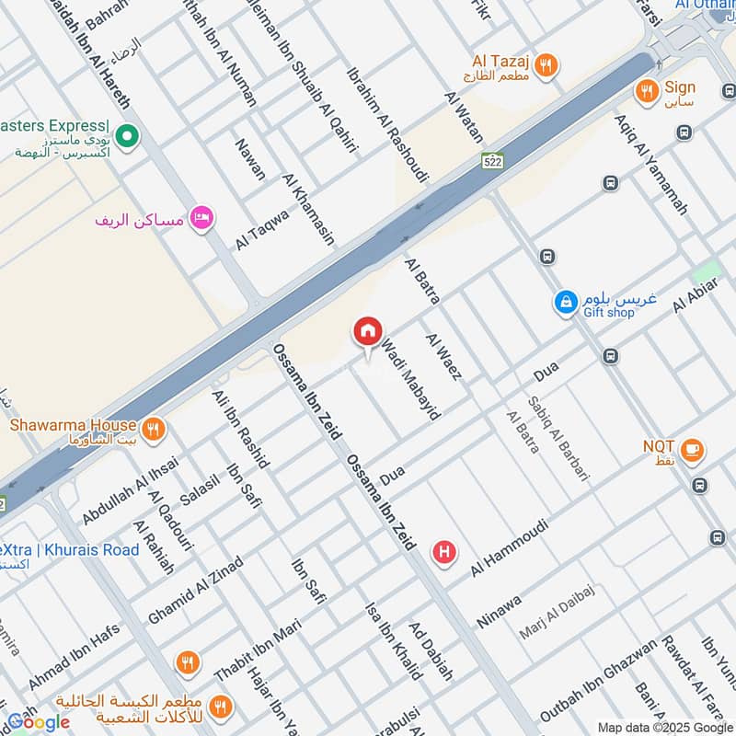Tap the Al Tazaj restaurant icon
click(546, 64)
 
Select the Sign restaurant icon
click(647, 90)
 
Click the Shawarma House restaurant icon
click(153, 428)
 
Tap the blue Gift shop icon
click(565, 301)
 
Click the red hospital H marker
click(445, 552)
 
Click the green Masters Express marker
click(129, 138)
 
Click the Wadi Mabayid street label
click(410, 378)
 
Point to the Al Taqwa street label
click(262, 228)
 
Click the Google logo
click(39, 721)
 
